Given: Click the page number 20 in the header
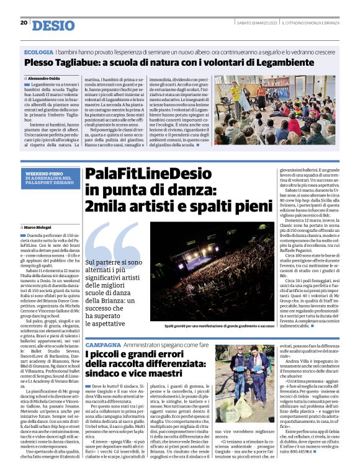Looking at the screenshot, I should tap(24, 23).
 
